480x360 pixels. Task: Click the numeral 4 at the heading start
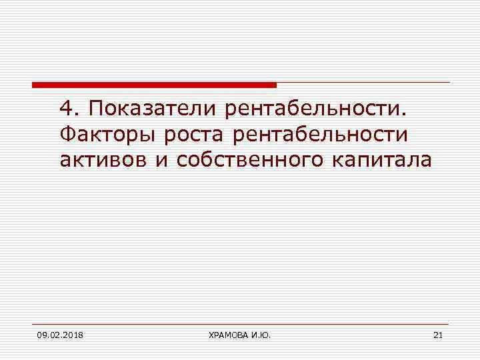point(65,107)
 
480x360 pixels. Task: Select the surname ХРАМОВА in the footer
point(225,334)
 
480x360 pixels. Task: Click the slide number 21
point(437,334)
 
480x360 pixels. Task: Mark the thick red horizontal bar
point(154,85)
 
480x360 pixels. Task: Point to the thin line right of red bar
point(363,83)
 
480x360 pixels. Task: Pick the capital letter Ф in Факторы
point(65,135)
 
